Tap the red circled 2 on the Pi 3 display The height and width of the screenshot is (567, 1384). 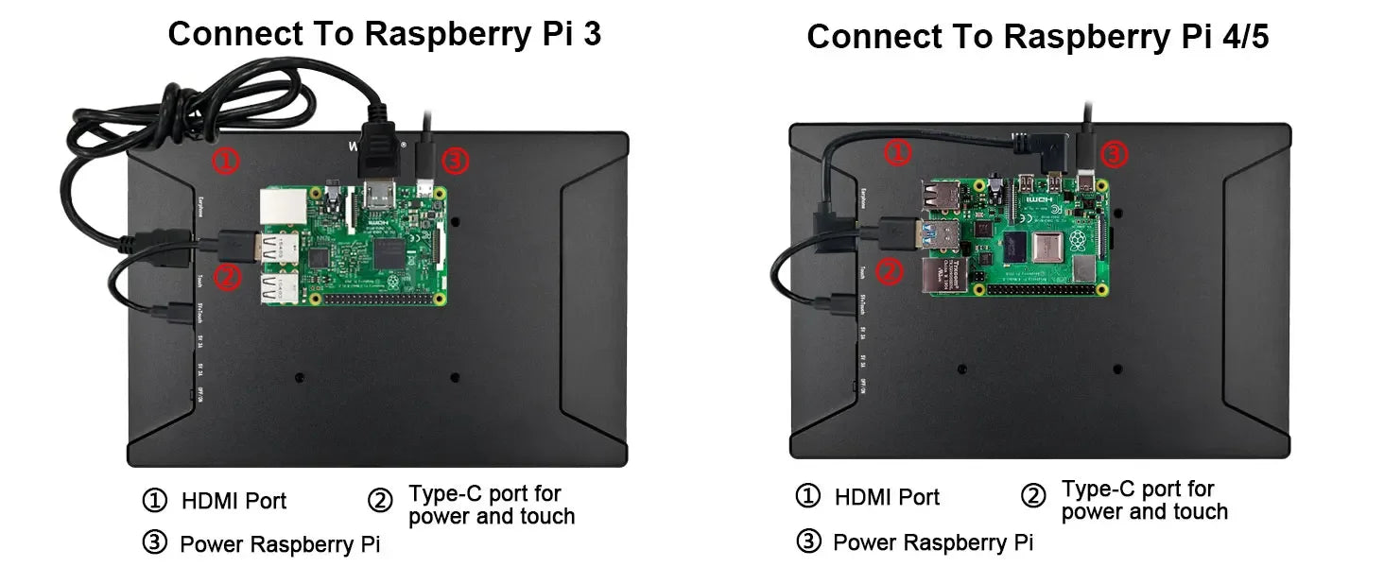point(227,277)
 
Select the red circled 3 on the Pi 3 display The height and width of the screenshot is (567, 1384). point(455,163)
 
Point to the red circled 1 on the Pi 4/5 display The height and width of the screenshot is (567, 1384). point(898,152)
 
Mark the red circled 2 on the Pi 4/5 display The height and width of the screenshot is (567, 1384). point(889,273)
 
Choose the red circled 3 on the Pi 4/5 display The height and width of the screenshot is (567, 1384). point(1115,154)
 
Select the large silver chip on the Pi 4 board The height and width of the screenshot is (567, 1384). point(1047,248)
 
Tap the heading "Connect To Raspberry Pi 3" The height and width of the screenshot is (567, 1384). point(384,34)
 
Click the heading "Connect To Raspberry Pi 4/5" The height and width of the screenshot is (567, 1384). point(1037,37)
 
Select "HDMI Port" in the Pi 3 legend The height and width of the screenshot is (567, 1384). point(234,501)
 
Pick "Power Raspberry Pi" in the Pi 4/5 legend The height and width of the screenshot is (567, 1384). point(932,542)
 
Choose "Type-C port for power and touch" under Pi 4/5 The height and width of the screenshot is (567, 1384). point(1144,501)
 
